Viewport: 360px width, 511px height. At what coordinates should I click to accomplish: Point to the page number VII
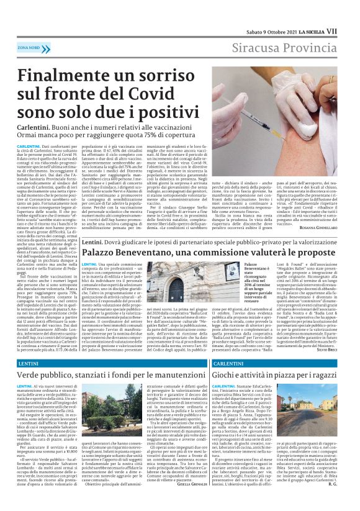click(x=348, y=30)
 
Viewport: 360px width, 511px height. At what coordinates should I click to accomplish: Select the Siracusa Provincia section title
click(x=292, y=47)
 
